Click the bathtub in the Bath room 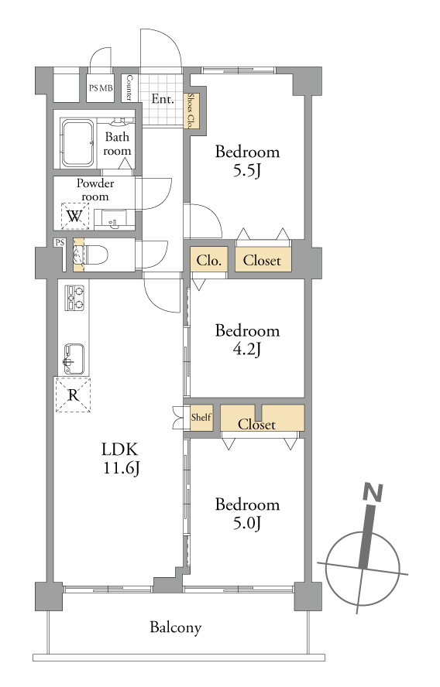[77, 142]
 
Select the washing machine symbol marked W [74, 216]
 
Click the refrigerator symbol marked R [73, 395]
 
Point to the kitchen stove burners [74, 298]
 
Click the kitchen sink [74, 359]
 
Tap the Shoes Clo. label [191, 111]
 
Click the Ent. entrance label [163, 99]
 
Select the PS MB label [101, 88]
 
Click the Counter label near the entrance [129, 87]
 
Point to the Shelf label [201, 417]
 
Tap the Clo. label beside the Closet [209, 260]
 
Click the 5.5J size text [247, 170]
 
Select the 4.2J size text [247, 349]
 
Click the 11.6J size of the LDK [122, 468]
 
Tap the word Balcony [176, 627]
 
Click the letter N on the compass [373, 492]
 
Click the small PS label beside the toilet [60, 242]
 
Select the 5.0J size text [247, 523]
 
